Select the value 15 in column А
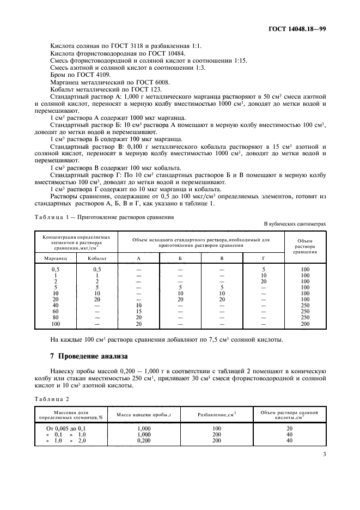[x=138, y=311]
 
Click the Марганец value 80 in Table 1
[x=55, y=318]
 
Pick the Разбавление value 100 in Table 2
[x=216, y=428]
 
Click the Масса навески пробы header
[x=144, y=416]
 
